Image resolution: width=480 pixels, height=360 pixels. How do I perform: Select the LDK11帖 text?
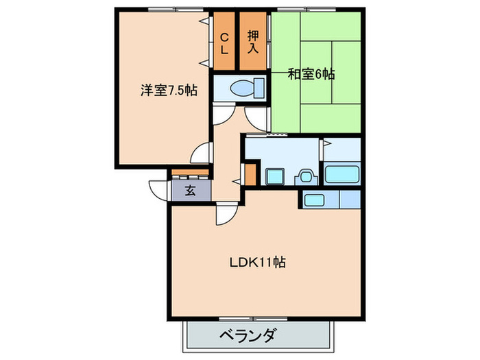(257, 262)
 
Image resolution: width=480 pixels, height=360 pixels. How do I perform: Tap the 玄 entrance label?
(190, 191)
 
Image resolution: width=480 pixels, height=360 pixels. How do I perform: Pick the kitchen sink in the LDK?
(315, 200)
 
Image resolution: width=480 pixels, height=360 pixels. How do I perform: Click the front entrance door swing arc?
(158, 190)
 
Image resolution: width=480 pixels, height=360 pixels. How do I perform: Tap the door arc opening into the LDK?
(225, 214)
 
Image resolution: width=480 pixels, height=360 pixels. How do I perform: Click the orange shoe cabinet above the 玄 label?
(189, 173)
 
